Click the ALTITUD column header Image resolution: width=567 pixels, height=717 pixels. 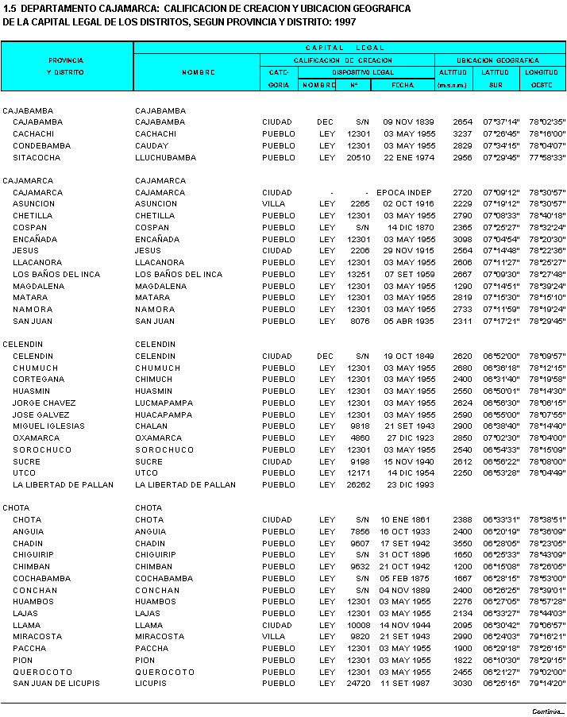[453, 72]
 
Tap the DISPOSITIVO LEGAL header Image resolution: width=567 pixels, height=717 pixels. [366, 72]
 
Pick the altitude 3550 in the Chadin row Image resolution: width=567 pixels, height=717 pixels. [463, 544]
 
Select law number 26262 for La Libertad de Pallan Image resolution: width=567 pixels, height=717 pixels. [359, 484]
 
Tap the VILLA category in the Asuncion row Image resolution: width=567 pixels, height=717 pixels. [274, 204]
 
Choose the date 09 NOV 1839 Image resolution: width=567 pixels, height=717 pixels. [410, 122]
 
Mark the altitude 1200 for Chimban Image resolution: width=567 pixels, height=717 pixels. [463, 567]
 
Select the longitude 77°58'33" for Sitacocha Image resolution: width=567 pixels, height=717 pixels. [547, 158]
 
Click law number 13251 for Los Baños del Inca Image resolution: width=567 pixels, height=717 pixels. [359, 275]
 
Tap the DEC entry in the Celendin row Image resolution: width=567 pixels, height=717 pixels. [326, 357]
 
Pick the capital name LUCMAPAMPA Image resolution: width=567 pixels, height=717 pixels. [164, 403]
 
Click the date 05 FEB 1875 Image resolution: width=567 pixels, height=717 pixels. [409, 579]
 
